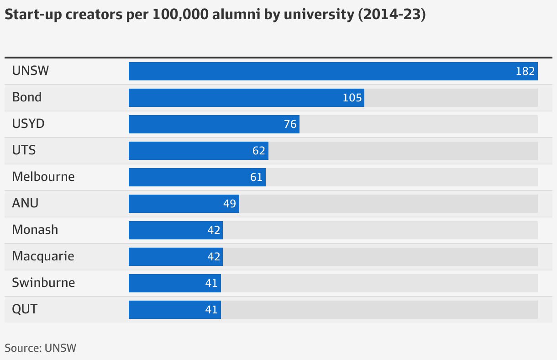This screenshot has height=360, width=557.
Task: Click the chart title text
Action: [x=215, y=15]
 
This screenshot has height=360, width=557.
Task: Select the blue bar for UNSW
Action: [x=320, y=71]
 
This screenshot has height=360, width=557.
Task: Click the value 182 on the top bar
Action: [x=525, y=71]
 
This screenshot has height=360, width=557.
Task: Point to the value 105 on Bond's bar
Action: [x=352, y=98]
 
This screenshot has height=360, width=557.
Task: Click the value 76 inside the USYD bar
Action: [x=290, y=124]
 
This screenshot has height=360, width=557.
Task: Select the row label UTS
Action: [x=24, y=150]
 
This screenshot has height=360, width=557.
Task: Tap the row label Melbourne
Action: [x=43, y=177]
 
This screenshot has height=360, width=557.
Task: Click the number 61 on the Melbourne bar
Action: [x=257, y=177]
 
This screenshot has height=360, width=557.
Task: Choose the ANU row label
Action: [x=25, y=203]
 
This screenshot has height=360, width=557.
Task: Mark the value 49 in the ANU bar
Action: [x=230, y=204]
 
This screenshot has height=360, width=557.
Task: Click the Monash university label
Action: [x=35, y=230]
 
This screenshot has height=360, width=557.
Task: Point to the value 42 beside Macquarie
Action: [x=214, y=257]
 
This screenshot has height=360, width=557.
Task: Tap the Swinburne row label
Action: [x=43, y=283]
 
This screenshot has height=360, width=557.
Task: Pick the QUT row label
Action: [x=25, y=309]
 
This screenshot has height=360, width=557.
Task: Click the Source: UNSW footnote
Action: [x=40, y=348]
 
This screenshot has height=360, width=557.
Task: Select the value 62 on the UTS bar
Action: [x=259, y=151]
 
